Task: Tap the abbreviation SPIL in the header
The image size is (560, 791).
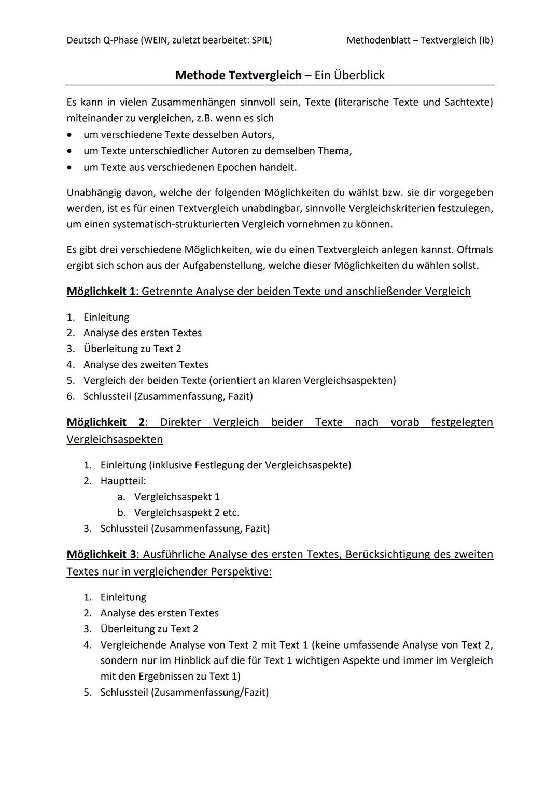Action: tap(259, 40)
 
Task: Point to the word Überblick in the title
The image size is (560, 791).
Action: tap(359, 75)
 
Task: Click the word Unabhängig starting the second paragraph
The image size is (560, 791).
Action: tap(93, 193)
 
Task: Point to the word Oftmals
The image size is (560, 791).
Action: tap(474, 250)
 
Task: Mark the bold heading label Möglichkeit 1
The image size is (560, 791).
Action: tap(101, 291)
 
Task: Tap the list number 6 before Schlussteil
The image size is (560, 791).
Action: tap(71, 396)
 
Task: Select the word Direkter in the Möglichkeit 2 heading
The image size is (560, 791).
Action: tap(180, 422)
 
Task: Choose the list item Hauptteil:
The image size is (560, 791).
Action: tap(123, 481)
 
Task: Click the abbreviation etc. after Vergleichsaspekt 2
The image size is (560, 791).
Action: tap(231, 513)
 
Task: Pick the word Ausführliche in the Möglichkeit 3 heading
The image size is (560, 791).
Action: tap(174, 554)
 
